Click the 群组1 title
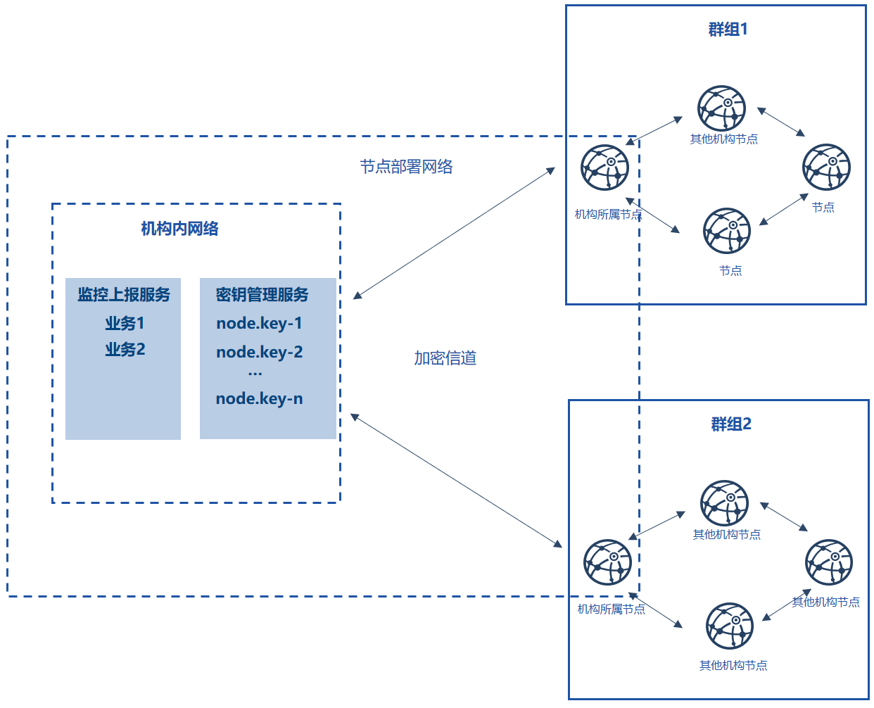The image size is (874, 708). tap(728, 29)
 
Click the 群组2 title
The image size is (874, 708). tap(730, 424)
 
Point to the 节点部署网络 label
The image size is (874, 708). tap(406, 167)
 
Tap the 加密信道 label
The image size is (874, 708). tap(445, 358)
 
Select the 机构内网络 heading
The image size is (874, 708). tap(179, 229)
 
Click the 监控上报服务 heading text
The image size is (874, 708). tap(124, 294)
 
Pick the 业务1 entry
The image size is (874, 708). tap(125, 323)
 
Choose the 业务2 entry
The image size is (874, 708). tap(125, 349)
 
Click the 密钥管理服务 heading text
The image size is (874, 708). tap(262, 294)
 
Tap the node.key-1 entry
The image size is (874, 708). tap(260, 324)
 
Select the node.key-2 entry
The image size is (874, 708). tap(260, 352)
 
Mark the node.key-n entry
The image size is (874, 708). tap(260, 398)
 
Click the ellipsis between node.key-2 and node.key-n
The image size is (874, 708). tap(255, 374)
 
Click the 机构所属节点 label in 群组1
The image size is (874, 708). tap(608, 214)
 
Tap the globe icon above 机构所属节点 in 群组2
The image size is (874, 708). tap(607, 562)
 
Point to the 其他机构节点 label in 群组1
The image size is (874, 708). tap(724, 139)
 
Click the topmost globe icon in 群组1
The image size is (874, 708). tap(722, 108)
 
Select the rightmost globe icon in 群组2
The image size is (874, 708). tap(829, 562)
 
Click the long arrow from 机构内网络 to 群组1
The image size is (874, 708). tap(454, 233)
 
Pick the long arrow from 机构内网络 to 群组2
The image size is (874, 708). tap(456, 481)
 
